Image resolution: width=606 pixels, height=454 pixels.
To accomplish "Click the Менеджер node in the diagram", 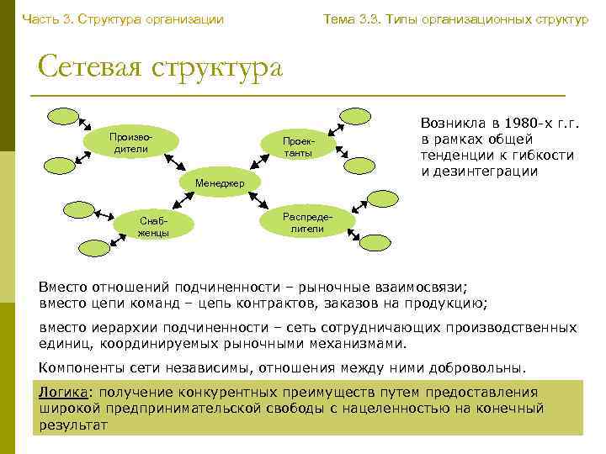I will click(x=221, y=183).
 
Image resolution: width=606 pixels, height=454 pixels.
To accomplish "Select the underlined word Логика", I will click(x=63, y=393).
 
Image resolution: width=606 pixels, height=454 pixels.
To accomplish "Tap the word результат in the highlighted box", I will click(x=73, y=425).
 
